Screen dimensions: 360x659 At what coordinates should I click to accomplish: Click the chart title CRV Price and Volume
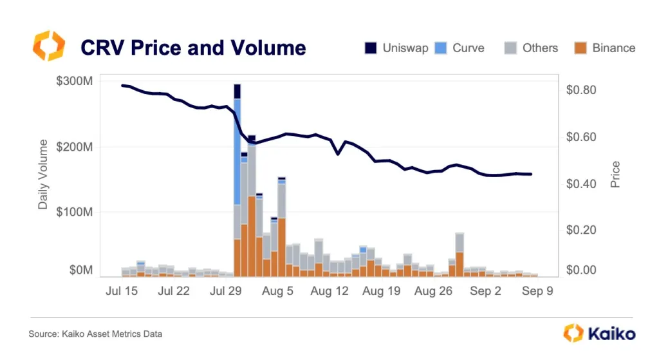pos(192,48)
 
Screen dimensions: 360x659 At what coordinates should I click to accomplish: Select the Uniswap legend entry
pos(396,48)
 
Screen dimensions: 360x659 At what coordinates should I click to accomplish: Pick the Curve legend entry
pos(460,48)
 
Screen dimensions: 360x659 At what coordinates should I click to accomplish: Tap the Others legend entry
pos(531,48)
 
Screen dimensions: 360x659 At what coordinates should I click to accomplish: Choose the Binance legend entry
pos(604,48)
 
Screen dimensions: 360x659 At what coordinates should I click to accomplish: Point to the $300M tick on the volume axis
pos(74,81)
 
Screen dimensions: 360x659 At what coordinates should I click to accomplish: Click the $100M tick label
pos(74,212)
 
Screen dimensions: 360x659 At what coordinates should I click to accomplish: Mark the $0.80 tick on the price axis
pos(582,90)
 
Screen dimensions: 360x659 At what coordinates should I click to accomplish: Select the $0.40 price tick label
pos(582,184)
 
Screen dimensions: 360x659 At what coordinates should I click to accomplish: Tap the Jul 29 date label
pos(226,291)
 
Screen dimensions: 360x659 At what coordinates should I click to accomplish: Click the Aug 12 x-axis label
pos(329,291)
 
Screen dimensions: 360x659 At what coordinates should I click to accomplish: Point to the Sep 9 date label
pos(537,291)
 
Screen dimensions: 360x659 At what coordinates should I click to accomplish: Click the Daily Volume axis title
pos(43,174)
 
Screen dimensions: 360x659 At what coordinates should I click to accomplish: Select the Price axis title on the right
pos(615,175)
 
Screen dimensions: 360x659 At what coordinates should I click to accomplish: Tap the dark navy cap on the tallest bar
pos(237,91)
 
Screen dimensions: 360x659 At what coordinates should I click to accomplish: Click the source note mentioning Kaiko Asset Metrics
pos(95,334)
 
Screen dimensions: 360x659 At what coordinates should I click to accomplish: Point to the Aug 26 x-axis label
pos(433,291)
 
